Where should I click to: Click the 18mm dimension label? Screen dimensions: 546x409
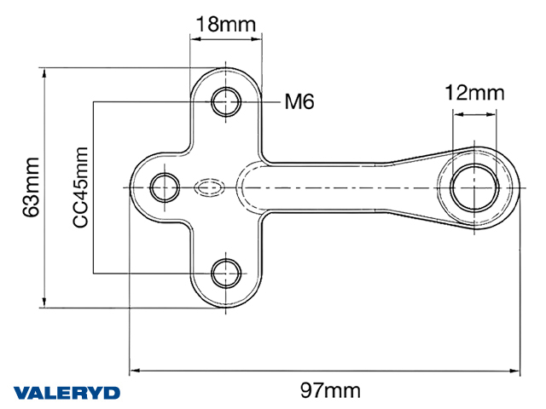pos(226,24)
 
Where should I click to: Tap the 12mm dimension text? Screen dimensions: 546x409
pos(474,93)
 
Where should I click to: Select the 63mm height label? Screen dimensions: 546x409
pos(31,187)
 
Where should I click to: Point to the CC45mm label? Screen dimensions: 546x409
pos(80,187)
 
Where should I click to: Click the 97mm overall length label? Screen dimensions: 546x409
pos(330,390)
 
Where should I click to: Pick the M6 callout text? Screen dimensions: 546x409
pos(299,101)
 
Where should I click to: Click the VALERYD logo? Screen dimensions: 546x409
pos(67,393)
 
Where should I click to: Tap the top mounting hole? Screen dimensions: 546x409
pos(226,102)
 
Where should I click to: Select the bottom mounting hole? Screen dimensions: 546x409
pos(226,273)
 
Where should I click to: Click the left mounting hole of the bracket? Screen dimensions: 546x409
pos(165,187)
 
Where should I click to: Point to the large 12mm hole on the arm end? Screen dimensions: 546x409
pos(474,187)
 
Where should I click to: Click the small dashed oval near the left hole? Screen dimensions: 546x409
pos(209,187)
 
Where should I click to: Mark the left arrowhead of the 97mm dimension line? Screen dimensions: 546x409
pos(135,371)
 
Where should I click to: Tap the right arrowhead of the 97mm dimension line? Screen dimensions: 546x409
pos(514,371)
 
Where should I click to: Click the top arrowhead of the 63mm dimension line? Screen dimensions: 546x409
pos(44,73)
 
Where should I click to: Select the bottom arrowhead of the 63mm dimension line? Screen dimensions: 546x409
pos(44,302)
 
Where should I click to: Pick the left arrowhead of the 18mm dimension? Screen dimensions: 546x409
pos(195,38)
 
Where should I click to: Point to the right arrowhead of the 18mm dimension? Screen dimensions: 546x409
pos(256,38)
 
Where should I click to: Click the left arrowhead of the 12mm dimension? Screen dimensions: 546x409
pos(459,114)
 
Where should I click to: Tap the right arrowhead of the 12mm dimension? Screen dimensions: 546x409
pos(491,114)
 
